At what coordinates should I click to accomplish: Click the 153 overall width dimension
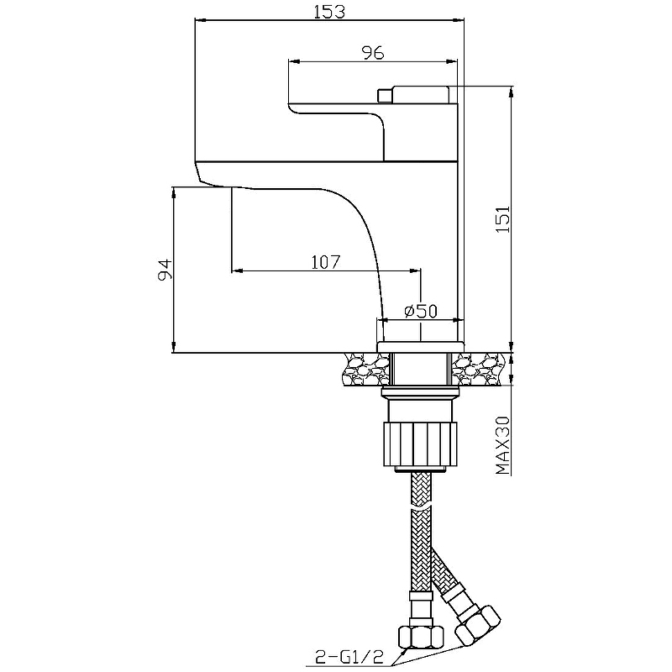[x=329, y=12]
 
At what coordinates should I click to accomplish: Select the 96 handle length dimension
[x=373, y=53]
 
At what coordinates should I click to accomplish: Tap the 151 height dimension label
[x=503, y=219]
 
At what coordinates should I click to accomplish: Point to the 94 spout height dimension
[x=165, y=270]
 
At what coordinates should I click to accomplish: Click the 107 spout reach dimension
[x=326, y=262]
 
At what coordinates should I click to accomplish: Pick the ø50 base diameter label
[x=421, y=311]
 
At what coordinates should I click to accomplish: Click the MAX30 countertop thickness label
[x=503, y=446]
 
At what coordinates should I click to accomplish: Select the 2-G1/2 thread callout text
[x=349, y=656]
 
